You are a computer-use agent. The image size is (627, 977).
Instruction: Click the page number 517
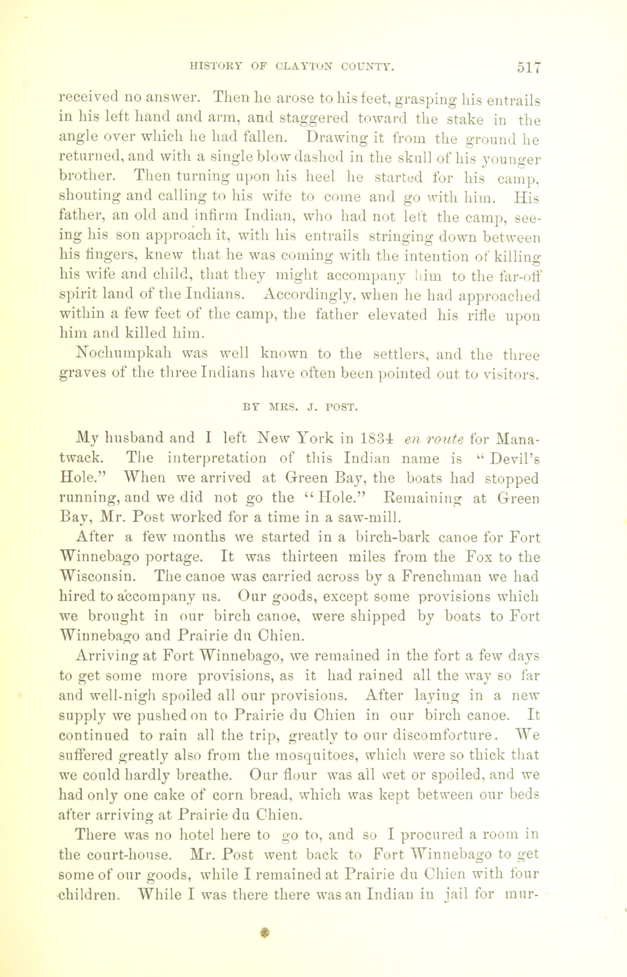(528, 67)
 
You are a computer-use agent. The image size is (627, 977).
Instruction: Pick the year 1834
(377, 439)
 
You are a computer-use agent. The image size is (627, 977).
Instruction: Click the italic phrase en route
(433, 439)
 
